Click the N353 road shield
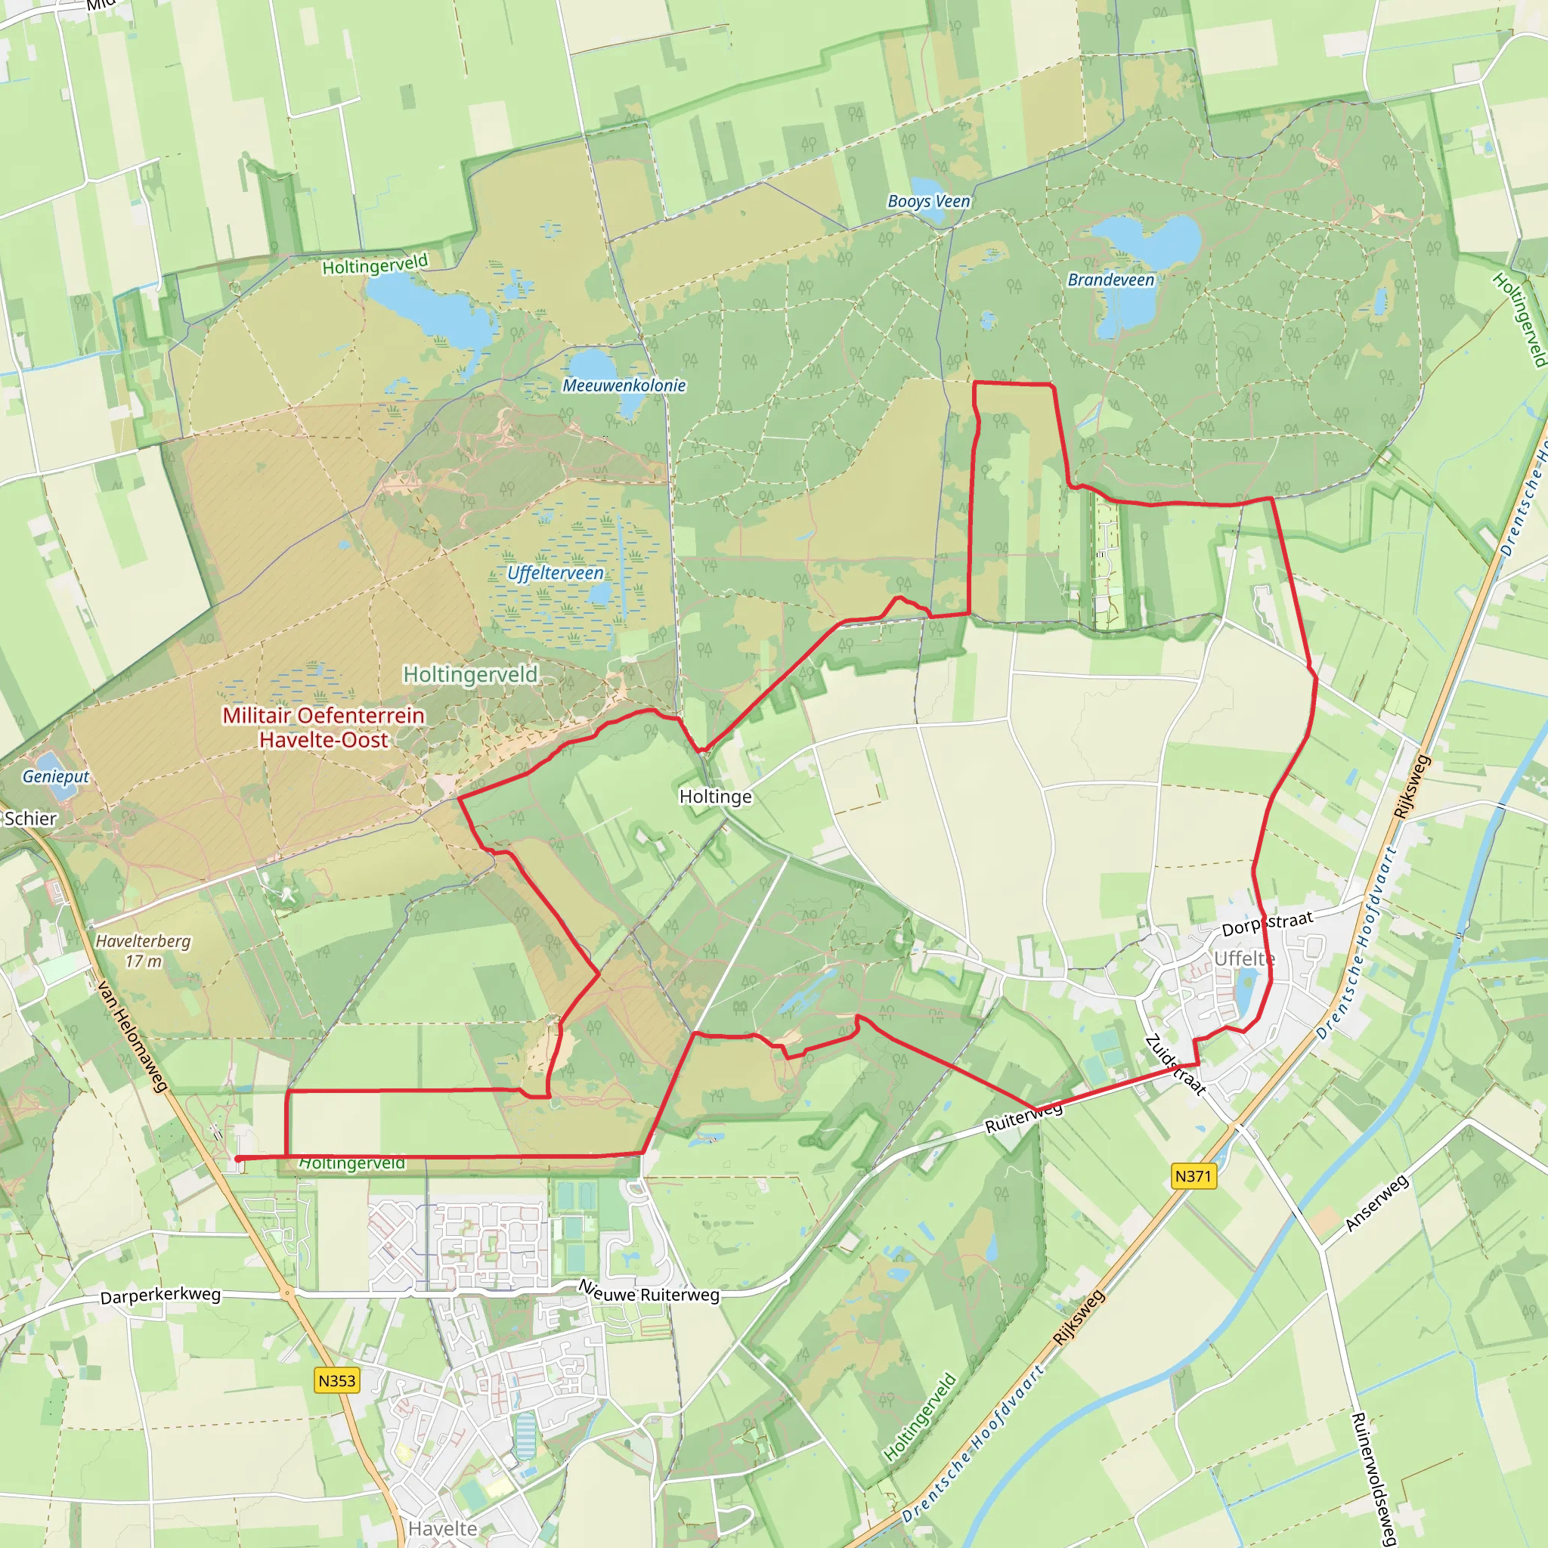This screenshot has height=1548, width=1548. pos(336,1379)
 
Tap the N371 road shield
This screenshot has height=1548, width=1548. pos(1193,1175)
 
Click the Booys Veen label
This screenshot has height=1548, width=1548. pos(929,201)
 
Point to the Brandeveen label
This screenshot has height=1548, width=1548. pos(1110,280)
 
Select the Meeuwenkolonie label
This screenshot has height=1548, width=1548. pos(624,385)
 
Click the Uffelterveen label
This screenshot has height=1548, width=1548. pos(556,573)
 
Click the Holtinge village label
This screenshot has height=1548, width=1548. pos(716,797)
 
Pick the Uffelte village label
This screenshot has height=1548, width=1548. pos(1244,958)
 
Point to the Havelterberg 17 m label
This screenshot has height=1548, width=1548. pos(144,950)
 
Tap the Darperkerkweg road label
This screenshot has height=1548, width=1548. pos(160,1296)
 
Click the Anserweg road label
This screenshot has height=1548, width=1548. pos(1376,1203)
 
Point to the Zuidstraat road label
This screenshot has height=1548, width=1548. pos(1175,1065)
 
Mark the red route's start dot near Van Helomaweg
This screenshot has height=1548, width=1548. pos(238,1159)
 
